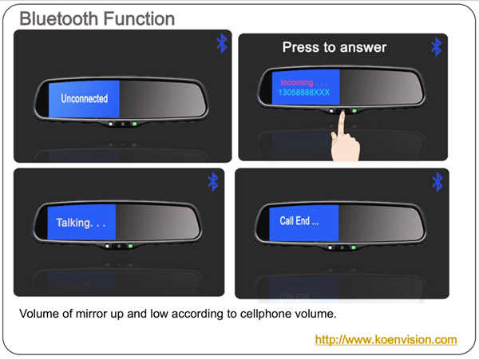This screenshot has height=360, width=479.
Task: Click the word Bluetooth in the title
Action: pos(58,18)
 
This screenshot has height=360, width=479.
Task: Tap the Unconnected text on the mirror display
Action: pos(85,99)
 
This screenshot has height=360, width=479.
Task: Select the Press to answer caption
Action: pos(335,47)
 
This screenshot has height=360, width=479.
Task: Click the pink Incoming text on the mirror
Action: pos(303,82)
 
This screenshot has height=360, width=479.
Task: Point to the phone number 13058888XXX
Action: pos(304,93)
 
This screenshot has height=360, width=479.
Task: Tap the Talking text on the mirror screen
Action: pos(81,223)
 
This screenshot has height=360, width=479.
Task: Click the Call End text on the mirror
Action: pos(299,220)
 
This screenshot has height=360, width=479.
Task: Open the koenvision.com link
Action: pos(386,339)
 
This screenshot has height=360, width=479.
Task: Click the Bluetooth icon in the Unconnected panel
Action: pos(222,43)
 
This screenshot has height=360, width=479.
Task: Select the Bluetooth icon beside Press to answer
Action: pos(437,47)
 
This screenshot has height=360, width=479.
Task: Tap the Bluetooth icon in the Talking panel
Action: pos(213,182)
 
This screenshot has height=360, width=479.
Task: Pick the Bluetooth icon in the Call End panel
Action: pos(437,182)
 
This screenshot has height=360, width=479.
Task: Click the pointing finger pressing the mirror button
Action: pos(345,137)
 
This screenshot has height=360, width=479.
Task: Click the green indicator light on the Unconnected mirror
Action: pos(134,124)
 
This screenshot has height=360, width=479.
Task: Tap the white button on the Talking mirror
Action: pos(107,246)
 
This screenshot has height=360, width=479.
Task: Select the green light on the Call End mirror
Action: pos(354,247)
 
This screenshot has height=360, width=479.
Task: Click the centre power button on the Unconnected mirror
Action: pos(123,124)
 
